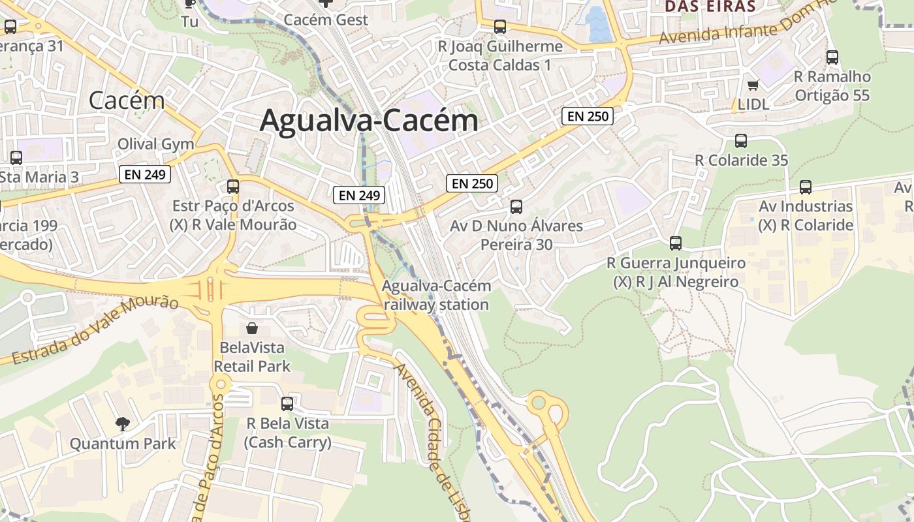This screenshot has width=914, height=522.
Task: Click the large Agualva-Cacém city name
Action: tap(369, 121)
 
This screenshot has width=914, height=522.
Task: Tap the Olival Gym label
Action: tap(155, 144)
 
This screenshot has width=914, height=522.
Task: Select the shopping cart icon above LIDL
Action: tap(753, 85)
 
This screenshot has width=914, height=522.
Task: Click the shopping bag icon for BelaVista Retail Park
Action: tap(251, 328)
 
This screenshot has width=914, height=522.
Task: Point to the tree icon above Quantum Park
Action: tap(122, 424)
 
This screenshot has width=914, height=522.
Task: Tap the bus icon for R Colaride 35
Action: tap(741, 140)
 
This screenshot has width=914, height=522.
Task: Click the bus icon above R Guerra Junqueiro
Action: tap(676, 243)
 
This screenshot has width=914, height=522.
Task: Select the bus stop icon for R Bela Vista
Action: tap(287, 404)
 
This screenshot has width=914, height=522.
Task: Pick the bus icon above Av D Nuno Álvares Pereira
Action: tap(516, 207)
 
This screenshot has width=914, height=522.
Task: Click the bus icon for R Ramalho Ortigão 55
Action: tap(832, 57)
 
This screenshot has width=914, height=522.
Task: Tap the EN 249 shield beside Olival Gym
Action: tap(145, 174)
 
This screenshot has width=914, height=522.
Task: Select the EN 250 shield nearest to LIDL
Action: tap(588, 116)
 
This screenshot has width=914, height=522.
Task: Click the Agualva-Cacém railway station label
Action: tap(436, 295)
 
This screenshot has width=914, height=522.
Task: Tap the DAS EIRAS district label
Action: tap(710, 7)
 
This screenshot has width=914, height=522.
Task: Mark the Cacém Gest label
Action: tap(326, 20)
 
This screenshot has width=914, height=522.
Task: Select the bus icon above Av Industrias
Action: tap(806, 187)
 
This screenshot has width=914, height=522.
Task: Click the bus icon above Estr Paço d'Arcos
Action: tap(233, 186)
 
